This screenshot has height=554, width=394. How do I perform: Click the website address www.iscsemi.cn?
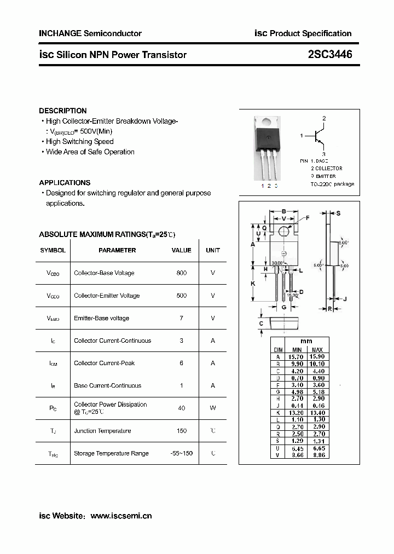click(x=121, y=516)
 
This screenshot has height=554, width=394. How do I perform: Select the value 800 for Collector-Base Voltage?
click(x=182, y=273)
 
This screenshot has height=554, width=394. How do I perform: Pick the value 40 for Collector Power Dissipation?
click(x=182, y=408)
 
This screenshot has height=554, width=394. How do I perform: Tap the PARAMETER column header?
click(x=117, y=250)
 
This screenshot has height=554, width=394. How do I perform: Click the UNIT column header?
click(x=213, y=250)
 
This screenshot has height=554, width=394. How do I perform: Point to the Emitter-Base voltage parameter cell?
click(x=102, y=318)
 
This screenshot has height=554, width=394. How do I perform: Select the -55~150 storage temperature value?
click(x=182, y=453)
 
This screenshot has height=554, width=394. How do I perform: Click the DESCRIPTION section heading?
click(x=63, y=111)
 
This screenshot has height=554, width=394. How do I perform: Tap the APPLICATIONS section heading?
click(x=65, y=183)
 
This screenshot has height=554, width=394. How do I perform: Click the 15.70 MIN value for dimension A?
click(x=297, y=356)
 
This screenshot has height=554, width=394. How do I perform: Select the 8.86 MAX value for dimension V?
click(x=317, y=455)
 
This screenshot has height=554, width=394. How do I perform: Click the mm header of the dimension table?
click(x=307, y=341)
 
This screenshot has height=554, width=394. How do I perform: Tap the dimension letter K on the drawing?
click(x=253, y=284)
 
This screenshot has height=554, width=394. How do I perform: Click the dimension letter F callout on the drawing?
click(x=307, y=218)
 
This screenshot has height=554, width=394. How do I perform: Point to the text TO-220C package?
click(x=333, y=184)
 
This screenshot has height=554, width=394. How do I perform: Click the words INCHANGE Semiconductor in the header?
click(x=90, y=33)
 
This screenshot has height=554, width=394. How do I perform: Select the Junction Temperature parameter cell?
click(x=103, y=431)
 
